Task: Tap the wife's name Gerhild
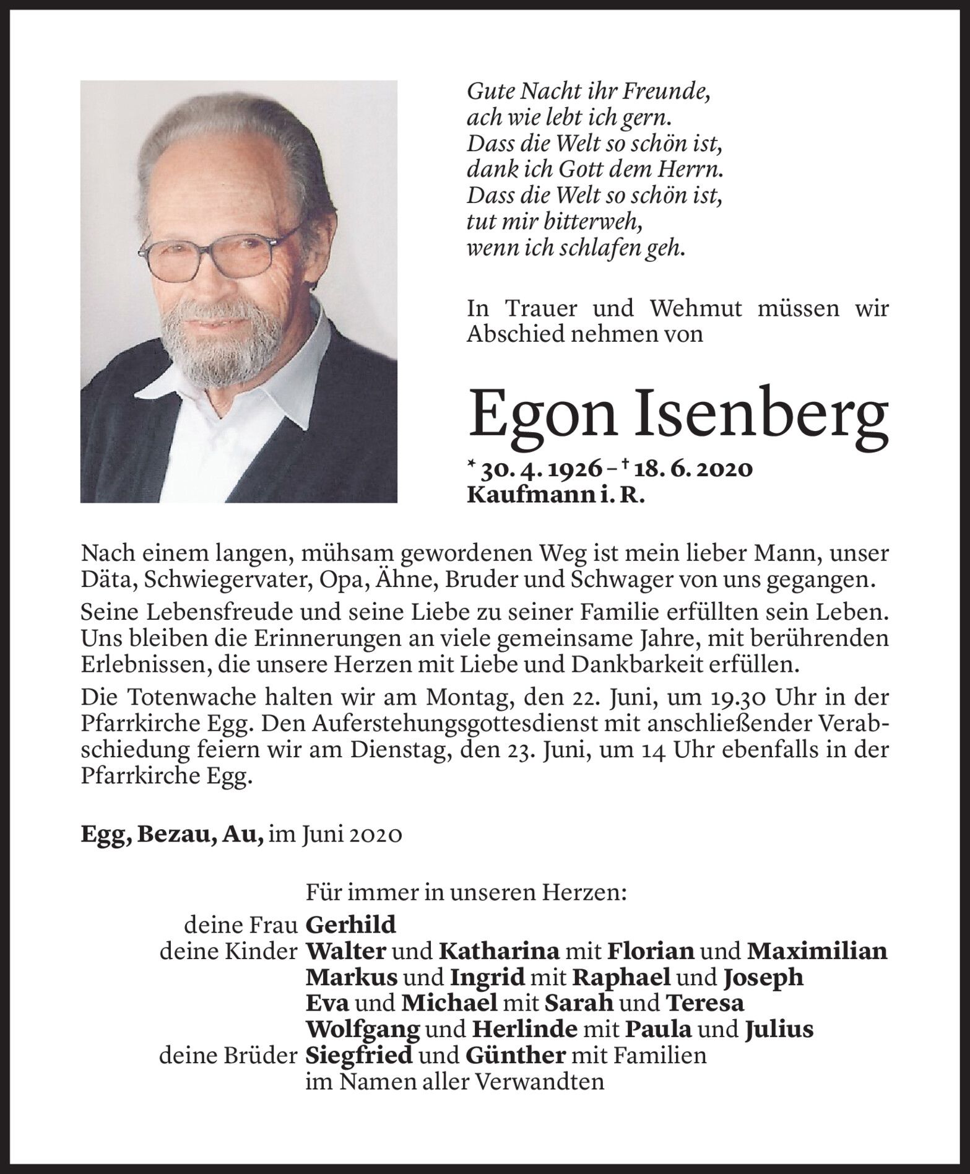[x=350, y=924]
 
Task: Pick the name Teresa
[x=704, y=1003]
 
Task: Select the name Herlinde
[x=524, y=1029]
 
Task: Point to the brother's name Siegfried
[x=359, y=1055]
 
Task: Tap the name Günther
[x=515, y=1055]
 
